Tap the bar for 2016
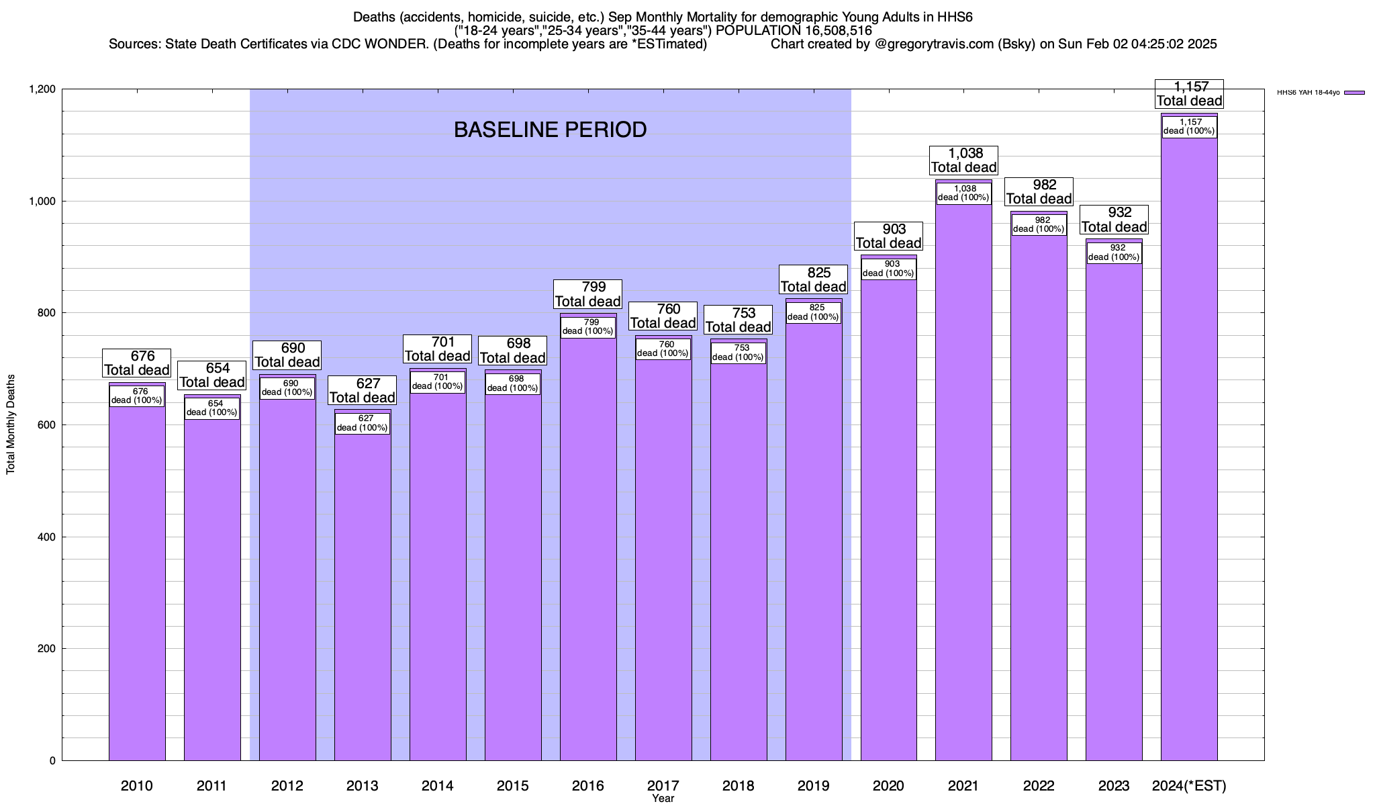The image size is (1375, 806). (x=588, y=551)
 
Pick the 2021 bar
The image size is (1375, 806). (x=963, y=484)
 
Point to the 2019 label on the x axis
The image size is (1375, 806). (x=813, y=786)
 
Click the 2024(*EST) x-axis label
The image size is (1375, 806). (x=1189, y=786)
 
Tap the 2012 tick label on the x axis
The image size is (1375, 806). (x=287, y=786)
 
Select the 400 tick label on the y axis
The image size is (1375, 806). (x=46, y=537)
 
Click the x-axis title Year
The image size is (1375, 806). (x=663, y=799)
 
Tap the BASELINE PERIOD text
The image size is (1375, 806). (x=550, y=130)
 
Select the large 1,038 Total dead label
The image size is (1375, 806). (x=964, y=161)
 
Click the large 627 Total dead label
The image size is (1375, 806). (x=362, y=390)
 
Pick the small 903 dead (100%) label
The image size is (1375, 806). (x=888, y=269)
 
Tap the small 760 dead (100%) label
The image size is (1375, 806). (x=663, y=349)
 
